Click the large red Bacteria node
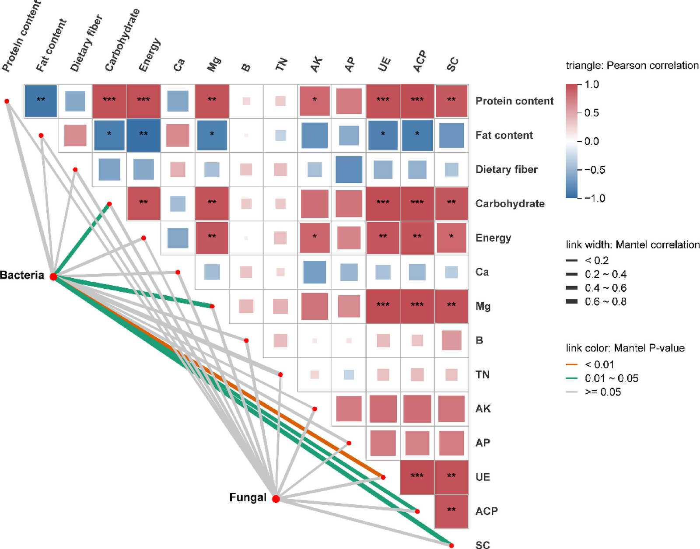[x=53, y=276]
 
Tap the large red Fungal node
[x=276, y=499]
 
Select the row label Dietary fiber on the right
[x=506, y=169]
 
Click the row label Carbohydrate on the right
[x=510, y=203]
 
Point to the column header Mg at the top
[x=213, y=65]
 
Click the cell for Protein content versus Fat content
[x=41, y=101]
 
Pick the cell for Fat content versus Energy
[x=143, y=135]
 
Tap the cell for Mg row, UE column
[x=383, y=306]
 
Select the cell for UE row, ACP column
[x=417, y=477]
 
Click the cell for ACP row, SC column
[x=451, y=511]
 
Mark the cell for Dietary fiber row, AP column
[x=349, y=169]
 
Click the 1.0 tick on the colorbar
[x=591, y=84]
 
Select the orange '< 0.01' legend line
[x=572, y=364]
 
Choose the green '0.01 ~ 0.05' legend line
[x=572, y=378]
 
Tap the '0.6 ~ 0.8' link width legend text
[x=605, y=301]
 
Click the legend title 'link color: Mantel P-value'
[x=625, y=348]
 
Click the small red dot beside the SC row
[x=451, y=545]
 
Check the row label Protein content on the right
[x=514, y=101]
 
